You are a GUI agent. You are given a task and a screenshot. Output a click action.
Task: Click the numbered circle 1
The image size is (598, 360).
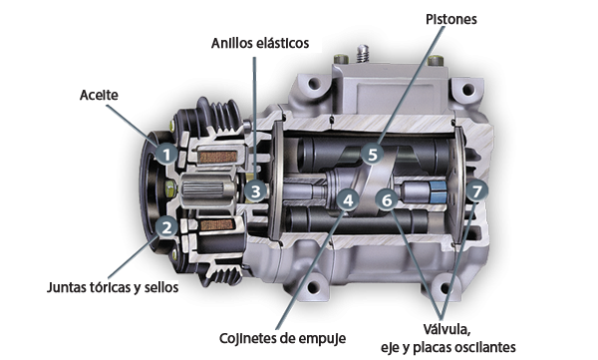(x=167, y=155)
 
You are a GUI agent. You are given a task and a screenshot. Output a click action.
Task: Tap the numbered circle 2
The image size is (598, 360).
(x=167, y=227)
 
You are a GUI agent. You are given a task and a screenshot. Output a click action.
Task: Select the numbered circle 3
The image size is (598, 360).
(x=255, y=191)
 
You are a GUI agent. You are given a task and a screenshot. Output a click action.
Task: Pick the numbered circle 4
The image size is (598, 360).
(x=348, y=200)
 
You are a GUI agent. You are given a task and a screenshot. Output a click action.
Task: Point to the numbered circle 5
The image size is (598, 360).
(x=373, y=155)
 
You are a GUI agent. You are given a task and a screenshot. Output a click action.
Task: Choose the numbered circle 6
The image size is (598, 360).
(x=387, y=199)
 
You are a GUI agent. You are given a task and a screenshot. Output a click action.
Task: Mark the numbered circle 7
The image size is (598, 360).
(x=476, y=191)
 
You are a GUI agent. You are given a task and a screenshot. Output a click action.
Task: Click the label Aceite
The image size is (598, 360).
(x=99, y=95)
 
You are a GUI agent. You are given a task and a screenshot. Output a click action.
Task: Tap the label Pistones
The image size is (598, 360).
(x=451, y=19)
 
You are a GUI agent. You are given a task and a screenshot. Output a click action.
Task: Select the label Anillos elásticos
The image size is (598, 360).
(x=260, y=43)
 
